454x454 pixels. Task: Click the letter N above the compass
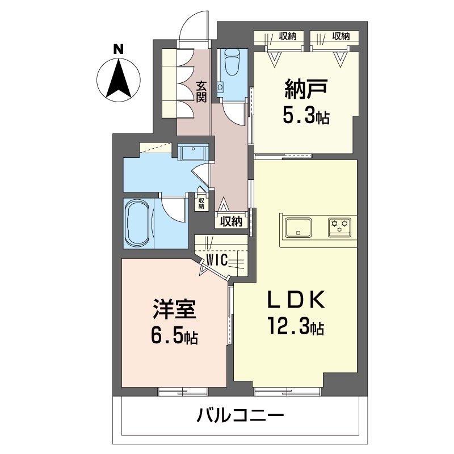118,49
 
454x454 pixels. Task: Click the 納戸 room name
305,90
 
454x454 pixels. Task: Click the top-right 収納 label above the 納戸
341,36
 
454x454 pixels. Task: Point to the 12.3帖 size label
295,327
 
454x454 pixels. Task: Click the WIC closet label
217,260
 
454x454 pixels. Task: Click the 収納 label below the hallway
232,221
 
